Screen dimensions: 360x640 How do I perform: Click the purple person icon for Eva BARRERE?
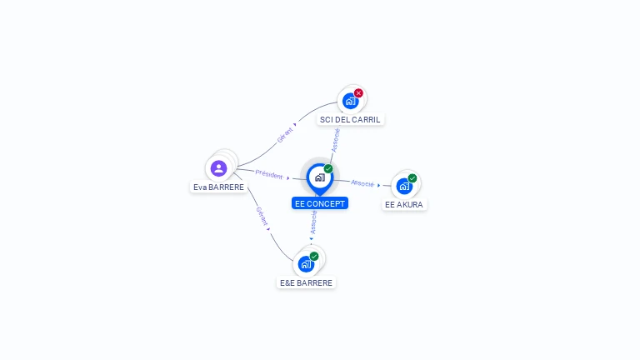pyautogui.click(x=219, y=168)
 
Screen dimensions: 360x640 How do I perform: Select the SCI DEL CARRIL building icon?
pyautogui.click(x=350, y=101)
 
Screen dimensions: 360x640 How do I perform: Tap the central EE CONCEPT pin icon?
pyautogui.click(x=319, y=177)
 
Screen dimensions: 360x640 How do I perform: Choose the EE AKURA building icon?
pyautogui.click(x=404, y=186)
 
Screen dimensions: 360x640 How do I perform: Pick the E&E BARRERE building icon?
pyautogui.click(x=306, y=264)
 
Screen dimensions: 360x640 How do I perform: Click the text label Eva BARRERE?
pyautogui.click(x=219, y=187)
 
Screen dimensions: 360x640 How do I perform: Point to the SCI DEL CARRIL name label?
pyautogui.click(x=350, y=120)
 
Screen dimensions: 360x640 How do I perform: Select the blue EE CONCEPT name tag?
pyautogui.click(x=320, y=203)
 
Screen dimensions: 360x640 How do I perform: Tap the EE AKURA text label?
pyautogui.click(x=405, y=204)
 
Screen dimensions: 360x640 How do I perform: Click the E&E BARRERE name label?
pyautogui.click(x=306, y=283)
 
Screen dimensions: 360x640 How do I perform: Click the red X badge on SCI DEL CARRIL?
pyautogui.click(x=358, y=92)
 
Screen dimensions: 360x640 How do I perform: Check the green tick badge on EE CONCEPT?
pyautogui.click(x=328, y=169)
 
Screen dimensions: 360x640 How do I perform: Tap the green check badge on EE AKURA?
pyautogui.click(x=412, y=178)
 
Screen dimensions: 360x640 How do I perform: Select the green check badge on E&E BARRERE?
pyautogui.click(x=314, y=256)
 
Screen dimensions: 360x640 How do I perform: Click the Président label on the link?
pyautogui.click(x=269, y=174)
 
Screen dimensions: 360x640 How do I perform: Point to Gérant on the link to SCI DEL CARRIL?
pyautogui.click(x=285, y=135)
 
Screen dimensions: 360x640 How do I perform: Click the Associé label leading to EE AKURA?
pyautogui.click(x=362, y=182)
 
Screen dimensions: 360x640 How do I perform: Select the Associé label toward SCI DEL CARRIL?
pyautogui.click(x=335, y=140)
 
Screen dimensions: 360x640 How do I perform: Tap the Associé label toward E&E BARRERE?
pyautogui.click(x=313, y=222)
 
